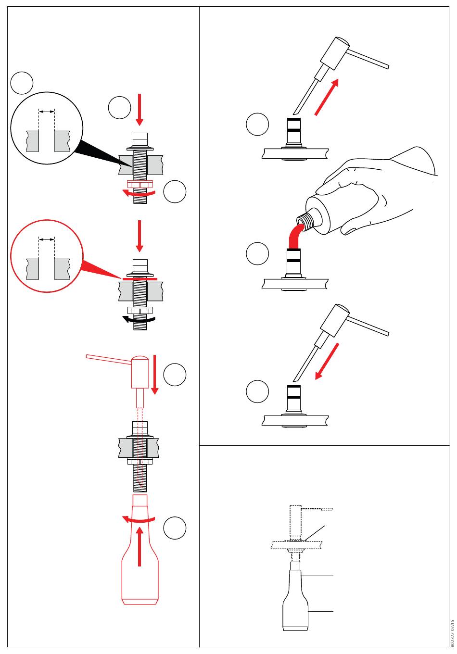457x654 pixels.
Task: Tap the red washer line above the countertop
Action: pos(140,278)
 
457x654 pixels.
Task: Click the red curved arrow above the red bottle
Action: pos(139,519)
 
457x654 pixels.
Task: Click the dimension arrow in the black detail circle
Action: pos(47,112)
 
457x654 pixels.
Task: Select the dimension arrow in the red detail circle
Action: pos(47,239)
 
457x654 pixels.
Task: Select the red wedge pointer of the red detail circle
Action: pos(99,270)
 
